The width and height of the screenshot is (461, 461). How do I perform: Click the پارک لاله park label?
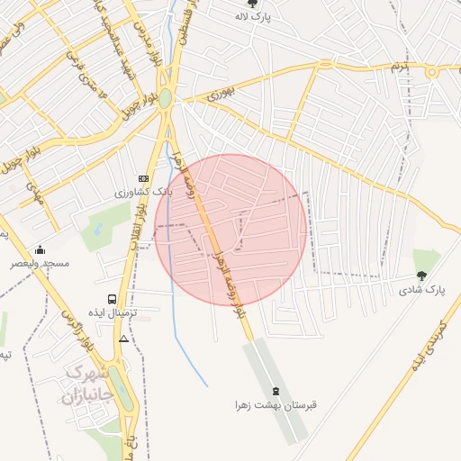278,17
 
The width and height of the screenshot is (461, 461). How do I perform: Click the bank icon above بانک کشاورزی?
142,178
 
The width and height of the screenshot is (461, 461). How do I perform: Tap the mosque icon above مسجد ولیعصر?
39,249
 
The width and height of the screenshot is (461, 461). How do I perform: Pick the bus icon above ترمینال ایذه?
112,298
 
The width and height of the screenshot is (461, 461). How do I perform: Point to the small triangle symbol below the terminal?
123,339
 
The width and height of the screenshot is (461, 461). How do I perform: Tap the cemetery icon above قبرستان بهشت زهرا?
276,391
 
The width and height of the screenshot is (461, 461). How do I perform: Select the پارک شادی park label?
422,289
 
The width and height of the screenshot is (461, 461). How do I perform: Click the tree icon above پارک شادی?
421,276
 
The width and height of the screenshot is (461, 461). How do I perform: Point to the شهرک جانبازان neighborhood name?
87,384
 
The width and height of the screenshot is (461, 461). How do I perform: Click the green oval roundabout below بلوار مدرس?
166,96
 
